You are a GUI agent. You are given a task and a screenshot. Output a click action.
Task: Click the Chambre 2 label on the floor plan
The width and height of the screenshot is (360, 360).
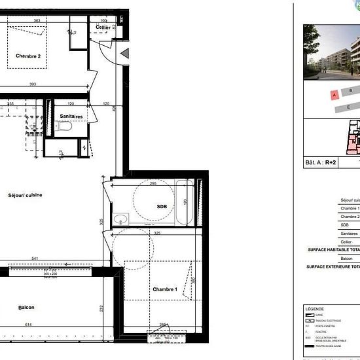coord(28,56)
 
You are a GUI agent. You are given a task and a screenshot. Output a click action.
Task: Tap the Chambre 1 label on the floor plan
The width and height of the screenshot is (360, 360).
coord(164,289)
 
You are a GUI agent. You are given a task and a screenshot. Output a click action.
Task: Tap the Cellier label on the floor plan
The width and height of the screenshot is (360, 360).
coord(103,27)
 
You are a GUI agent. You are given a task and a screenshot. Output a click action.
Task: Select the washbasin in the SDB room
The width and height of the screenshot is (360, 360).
coord(120,218)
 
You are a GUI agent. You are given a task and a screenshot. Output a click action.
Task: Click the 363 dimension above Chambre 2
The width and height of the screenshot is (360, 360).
coord(37,21)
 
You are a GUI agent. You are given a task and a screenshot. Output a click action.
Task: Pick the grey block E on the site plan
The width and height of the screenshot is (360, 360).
coord(349,107)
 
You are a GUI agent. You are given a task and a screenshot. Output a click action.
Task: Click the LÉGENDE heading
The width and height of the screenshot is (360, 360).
coord(315,308)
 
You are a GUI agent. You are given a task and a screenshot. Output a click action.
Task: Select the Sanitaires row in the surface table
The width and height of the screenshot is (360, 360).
coord(349,233)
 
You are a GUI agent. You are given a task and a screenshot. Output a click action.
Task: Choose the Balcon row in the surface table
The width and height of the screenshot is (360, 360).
coord(349,258)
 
